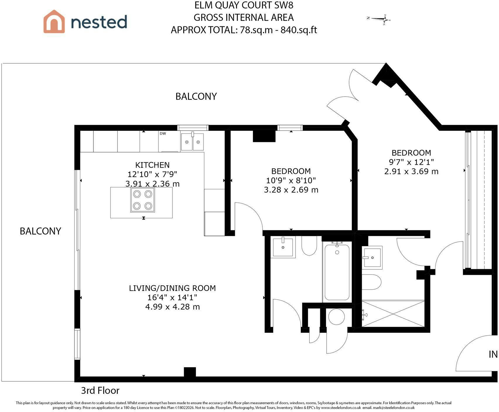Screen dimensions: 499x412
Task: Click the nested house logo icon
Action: (x=54, y=21)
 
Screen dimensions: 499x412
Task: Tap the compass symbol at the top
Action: (x=379, y=19)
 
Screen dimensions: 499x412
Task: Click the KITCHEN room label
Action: (x=152, y=165)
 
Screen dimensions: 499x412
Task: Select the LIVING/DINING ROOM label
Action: (x=172, y=288)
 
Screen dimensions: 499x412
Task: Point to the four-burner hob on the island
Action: (x=143, y=200)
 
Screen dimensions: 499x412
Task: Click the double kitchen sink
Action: (x=192, y=142)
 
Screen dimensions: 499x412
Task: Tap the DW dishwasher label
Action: (x=163, y=134)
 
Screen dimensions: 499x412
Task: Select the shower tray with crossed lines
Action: (x=393, y=313)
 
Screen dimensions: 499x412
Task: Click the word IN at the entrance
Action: (x=493, y=354)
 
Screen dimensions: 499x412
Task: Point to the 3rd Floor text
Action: (x=100, y=390)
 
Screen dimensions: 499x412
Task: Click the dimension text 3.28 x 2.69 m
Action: (x=291, y=190)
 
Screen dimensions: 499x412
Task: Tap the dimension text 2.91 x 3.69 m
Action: (x=411, y=171)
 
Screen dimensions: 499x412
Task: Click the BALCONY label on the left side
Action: (x=40, y=231)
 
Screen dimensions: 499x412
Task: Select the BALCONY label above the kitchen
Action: (x=196, y=96)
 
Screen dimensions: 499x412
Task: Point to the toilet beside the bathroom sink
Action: (x=309, y=246)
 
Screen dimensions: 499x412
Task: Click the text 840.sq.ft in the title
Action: (x=299, y=30)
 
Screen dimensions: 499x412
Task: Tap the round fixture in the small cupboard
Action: (x=336, y=316)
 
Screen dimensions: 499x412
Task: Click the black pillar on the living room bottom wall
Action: (x=190, y=372)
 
